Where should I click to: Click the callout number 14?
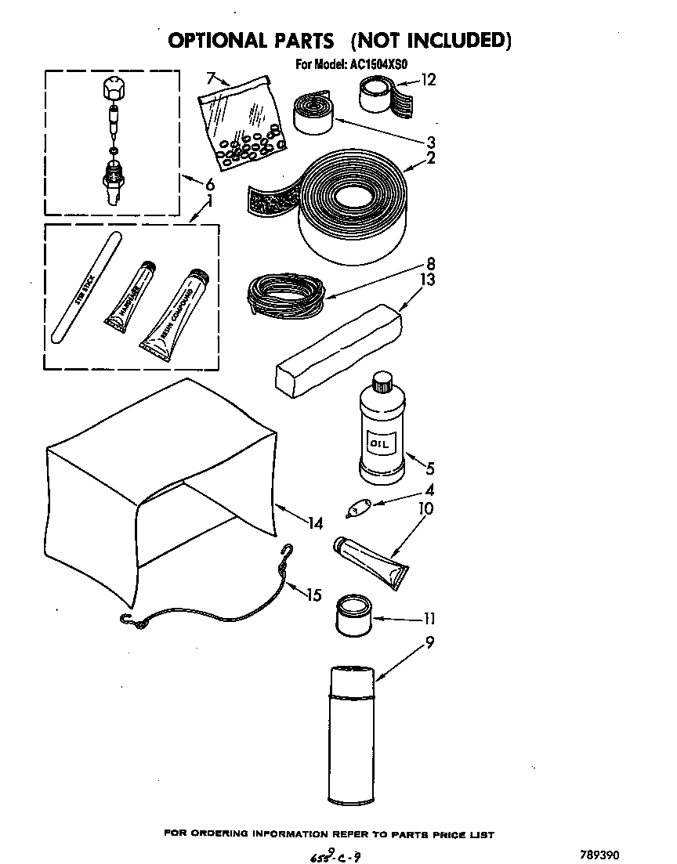pos(315,524)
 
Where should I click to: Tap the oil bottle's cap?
pos(382,381)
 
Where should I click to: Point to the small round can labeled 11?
pos(353,615)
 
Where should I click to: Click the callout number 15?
pos(313,595)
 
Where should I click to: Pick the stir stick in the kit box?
pos(83,291)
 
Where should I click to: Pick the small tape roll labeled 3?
pos(314,113)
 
